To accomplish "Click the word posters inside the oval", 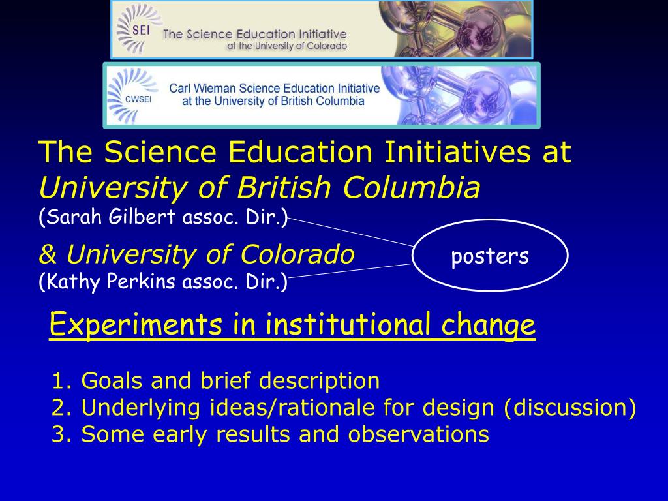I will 490,256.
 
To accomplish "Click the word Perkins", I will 143,282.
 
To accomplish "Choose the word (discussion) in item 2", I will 569,407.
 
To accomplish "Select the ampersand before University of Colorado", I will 47,254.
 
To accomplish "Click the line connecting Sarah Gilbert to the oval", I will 352,232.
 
